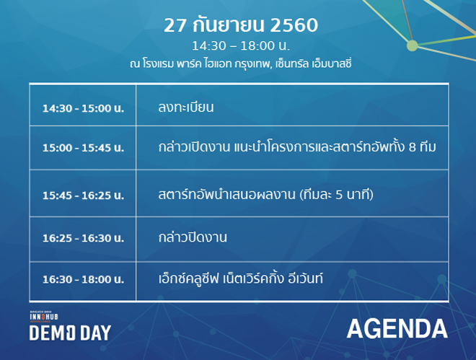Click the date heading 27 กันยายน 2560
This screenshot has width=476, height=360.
click(241, 25)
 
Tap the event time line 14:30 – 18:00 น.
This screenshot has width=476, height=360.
click(241, 46)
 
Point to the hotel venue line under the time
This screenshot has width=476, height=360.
click(240, 63)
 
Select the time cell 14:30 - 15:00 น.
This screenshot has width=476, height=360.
click(83, 108)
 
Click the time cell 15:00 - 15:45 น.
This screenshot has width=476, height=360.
click(83, 148)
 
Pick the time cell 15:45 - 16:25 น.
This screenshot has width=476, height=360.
click(83, 196)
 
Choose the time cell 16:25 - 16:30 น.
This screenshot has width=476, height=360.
click(83, 238)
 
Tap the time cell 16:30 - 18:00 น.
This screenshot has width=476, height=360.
click(83, 280)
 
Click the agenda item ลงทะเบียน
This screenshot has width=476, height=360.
click(186, 107)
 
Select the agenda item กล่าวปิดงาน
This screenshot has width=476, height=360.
click(193, 237)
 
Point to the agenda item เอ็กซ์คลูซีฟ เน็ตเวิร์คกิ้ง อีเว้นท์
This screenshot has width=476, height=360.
click(240, 278)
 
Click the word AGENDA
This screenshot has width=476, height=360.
click(397, 329)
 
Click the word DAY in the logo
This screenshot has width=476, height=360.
click(95, 333)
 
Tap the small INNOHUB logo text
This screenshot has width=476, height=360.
click(44, 317)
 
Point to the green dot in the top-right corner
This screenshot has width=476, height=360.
click(413, 45)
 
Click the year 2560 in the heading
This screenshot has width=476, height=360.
click(294, 25)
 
